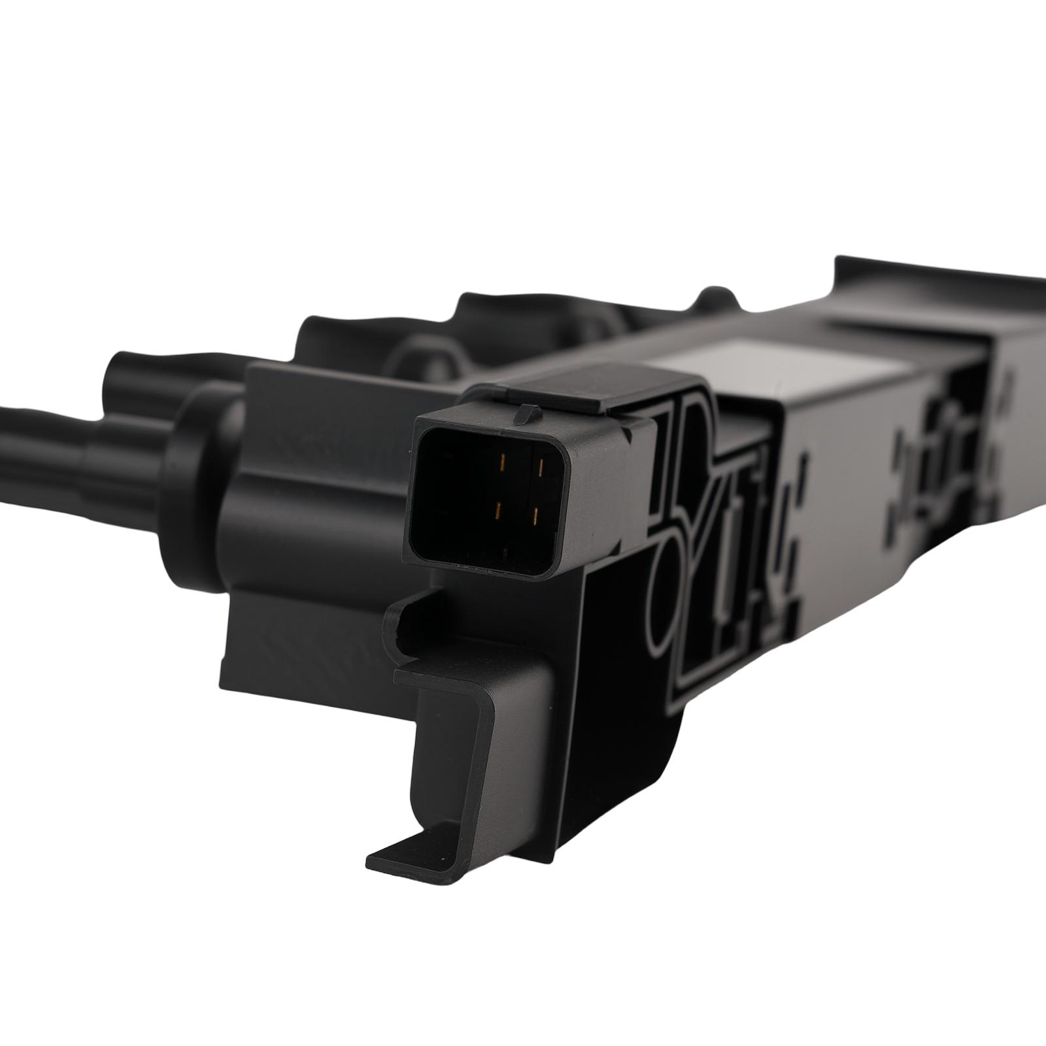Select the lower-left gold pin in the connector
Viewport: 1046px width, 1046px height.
(x=498, y=509)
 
